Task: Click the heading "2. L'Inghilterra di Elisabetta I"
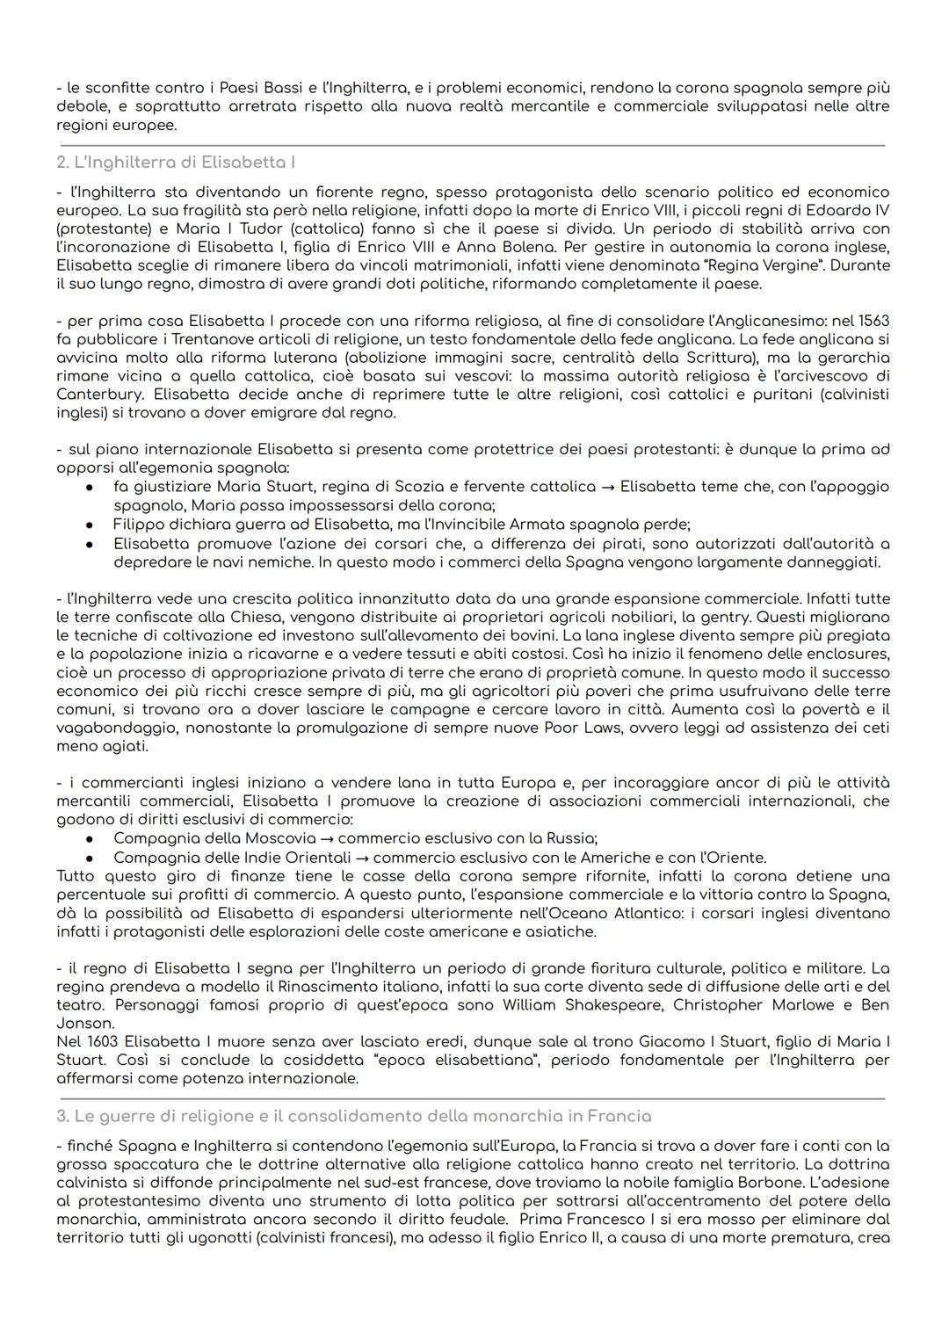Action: click(x=176, y=163)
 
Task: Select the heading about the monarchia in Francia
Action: click(x=362, y=1116)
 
